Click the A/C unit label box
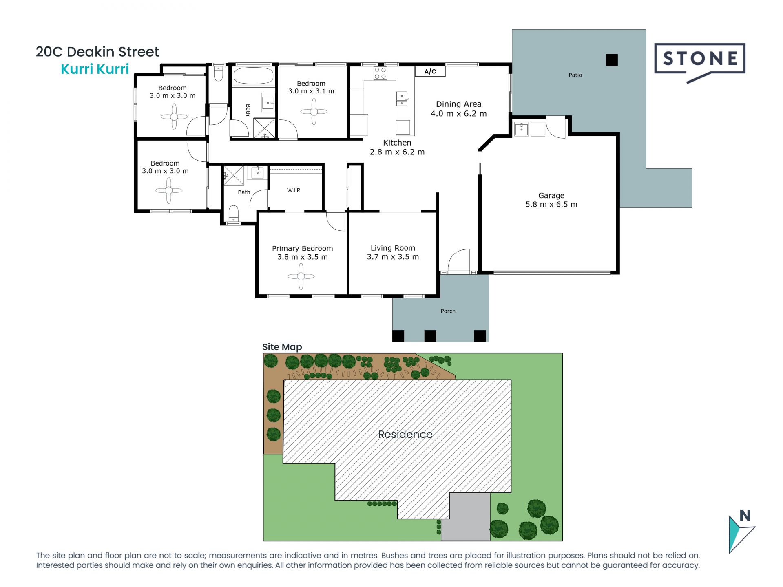(x=430, y=71)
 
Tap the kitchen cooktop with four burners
(x=380, y=73)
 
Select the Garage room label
(x=551, y=195)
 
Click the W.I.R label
(x=294, y=190)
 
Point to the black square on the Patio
(x=612, y=60)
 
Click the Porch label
(x=448, y=311)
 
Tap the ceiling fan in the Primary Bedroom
(x=301, y=276)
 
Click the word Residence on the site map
(x=405, y=434)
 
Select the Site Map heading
(x=282, y=347)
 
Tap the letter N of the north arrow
(x=745, y=516)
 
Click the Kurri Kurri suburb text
(x=95, y=69)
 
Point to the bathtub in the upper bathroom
(x=253, y=76)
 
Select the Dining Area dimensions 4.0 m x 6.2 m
(x=459, y=114)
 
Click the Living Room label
(x=393, y=248)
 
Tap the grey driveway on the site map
(x=466, y=517)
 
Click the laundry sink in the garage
(x=522, y=129)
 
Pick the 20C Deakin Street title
(x=97, y=52)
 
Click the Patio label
(x=575, y=75)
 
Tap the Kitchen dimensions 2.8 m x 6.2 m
(x=397, y=152)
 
